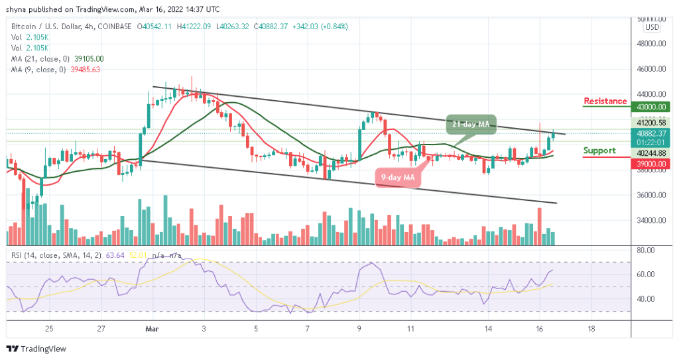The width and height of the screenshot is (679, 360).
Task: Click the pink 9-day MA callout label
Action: [x=399, y=177]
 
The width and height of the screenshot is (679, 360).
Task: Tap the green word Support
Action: [x=599, y=150]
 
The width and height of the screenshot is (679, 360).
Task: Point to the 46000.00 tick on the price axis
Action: [x=651, y=68]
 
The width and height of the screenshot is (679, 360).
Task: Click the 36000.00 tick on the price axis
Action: [x=651, y=195]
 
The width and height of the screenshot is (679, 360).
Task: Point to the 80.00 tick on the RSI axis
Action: [x=646, y=251]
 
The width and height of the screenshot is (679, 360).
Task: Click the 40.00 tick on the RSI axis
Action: [x=646, y=299]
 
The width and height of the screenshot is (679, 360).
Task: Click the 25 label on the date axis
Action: [x=49, y=328]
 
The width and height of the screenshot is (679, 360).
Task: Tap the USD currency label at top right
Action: [x=652, y=27]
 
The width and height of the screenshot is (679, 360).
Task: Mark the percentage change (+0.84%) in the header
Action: [x=333, y=27]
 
